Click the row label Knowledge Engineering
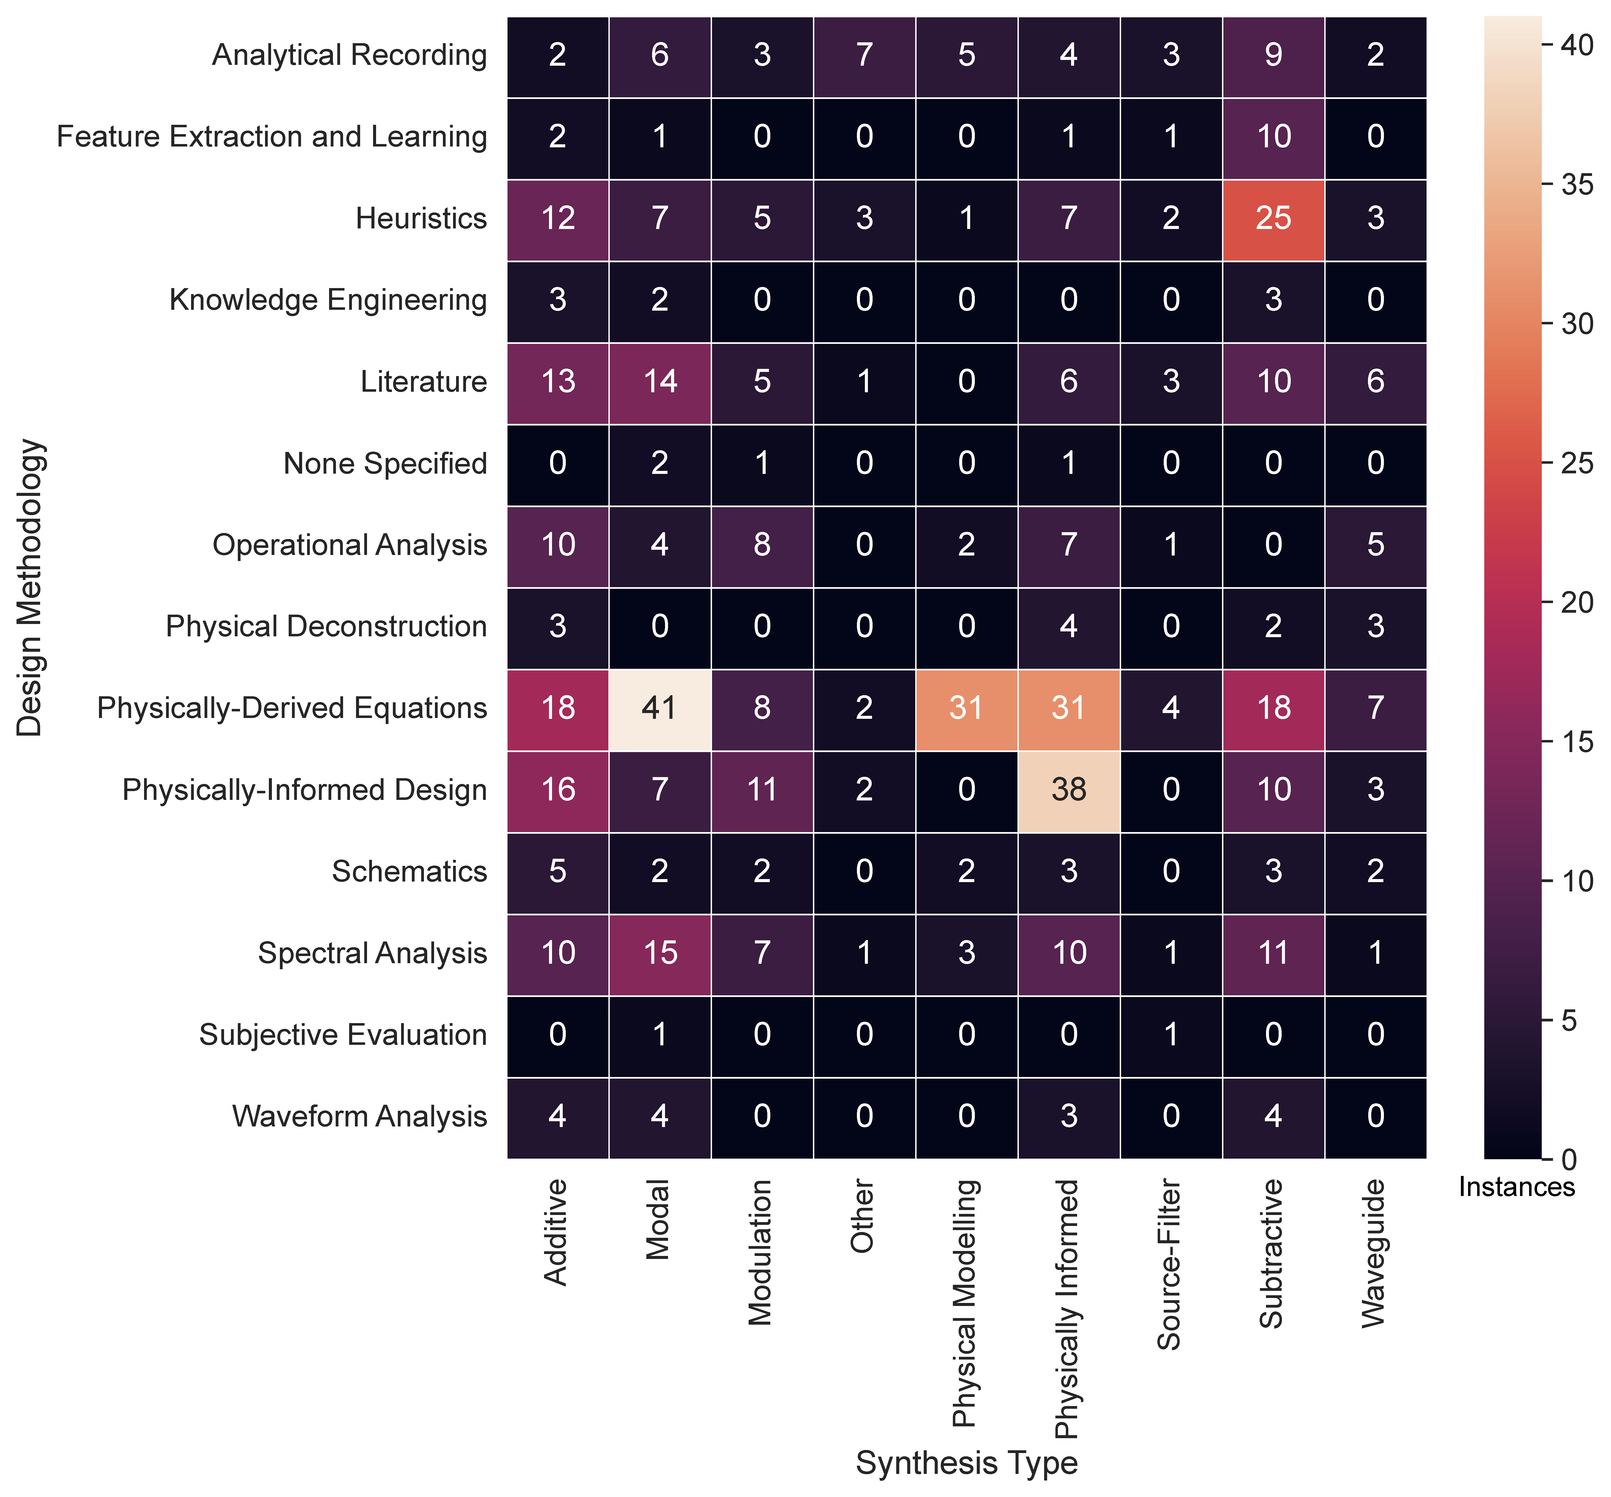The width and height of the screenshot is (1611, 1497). point(328,300)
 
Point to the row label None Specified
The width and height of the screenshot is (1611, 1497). point(385,464)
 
